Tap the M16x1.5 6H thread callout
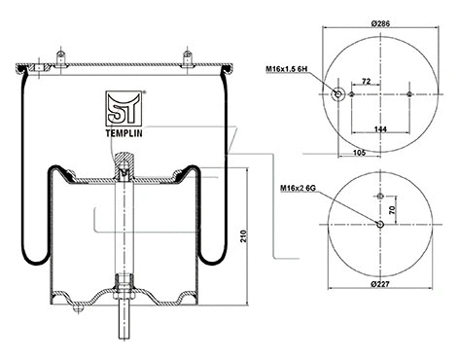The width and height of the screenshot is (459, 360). (289, 69)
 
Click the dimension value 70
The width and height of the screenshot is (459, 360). (394, 209)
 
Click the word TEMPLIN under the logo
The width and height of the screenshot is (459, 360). (123, 135)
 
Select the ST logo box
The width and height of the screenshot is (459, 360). (123, 106)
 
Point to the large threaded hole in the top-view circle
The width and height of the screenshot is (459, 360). (338, 95)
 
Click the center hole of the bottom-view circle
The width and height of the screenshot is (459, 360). (379, 226)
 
